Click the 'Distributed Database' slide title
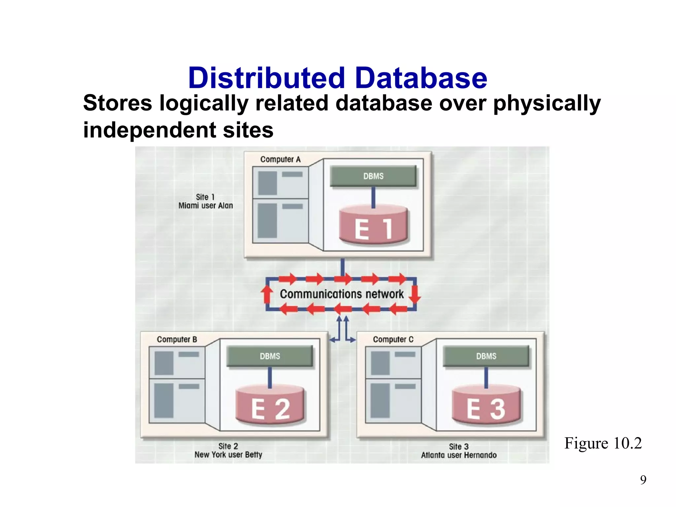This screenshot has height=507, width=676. click(x=337, y=78)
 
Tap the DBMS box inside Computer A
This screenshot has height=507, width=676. click(x=373, y=176)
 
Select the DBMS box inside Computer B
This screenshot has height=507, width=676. click(x=270, y=356)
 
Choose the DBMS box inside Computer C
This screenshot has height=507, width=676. click(x=486, y=356)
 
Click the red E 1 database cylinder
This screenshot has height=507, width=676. click(x=373, y=225)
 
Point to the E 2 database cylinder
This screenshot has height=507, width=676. click(x=270, y=405)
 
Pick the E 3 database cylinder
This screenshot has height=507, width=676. click(x=486, y=405)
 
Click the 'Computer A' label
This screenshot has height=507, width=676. click(x=280, y=159)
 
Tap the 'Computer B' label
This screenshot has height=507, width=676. click(x=177, y=339)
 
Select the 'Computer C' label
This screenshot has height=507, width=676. click(x=393, y=339)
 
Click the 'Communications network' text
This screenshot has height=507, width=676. click(x=342, y=294)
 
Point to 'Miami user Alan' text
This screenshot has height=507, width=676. click(x=206, y=206)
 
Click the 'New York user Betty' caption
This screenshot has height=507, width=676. click(x=228, y=455)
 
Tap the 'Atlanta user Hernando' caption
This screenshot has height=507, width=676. click(x=458, y=455)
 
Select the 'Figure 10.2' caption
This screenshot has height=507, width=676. click(x=603, y=443)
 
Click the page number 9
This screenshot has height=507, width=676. click(x=643, y=480)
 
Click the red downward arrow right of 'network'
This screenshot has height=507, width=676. click(x=415, y=294)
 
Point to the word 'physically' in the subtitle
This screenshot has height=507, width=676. click(x=547, y=104)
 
